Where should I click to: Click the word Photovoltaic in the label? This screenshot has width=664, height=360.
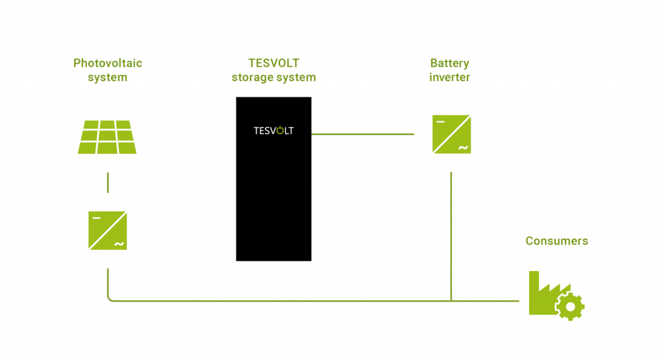(x=108, y=64)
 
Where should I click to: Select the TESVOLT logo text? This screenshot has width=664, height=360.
(x=273, y=131)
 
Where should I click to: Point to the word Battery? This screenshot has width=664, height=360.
(x=449, y=64)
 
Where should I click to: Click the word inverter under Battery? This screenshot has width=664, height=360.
(x=449, y=78)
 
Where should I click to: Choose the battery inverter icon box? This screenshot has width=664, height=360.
(x=452, y=134)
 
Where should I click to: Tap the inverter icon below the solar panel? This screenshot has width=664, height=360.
(x=108, y=230)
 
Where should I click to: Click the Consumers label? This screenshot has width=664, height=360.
(x=556, y=241)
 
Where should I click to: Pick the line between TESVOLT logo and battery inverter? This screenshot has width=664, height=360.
(x=362, y=134)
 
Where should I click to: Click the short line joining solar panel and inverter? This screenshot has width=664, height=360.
(x=108, y=182)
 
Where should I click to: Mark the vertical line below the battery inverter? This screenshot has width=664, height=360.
(x=452, y=234)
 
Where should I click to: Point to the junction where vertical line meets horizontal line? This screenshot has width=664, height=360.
(x=452, y=300)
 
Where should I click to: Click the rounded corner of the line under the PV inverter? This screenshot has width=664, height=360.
(x=110, y=298)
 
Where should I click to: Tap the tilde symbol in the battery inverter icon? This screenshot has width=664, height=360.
(x=463, y=148)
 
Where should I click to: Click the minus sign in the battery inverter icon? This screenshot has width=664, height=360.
(x=440, y=121)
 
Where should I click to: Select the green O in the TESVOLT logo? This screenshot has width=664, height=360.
(x=281, y=131)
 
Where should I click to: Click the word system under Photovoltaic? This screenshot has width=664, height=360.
(x=108, y=78)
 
